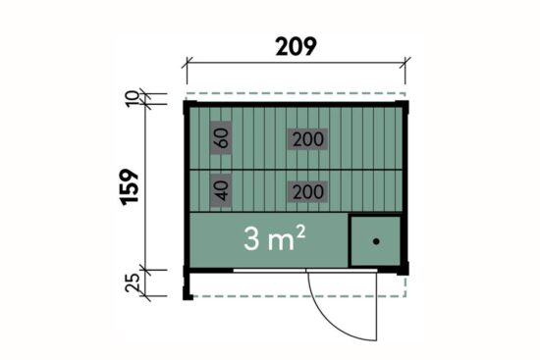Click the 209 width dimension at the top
(296, 46)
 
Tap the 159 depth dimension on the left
(130, 187)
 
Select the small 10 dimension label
(133, 99)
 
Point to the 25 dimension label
(133, 283)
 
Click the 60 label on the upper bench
(221, 137)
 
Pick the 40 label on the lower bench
(221, 190)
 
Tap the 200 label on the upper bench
(308, 139)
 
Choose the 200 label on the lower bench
(308, 191)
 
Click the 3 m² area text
(274, 238)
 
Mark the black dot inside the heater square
(376, 241)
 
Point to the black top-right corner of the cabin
(402, 106)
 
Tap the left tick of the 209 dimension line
(187, 63)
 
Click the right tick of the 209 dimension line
(405, 63)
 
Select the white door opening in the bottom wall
(305, 271)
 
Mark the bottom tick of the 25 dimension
(145, 295)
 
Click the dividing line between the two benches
(296, 170)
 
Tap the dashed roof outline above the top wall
(296, 93)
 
